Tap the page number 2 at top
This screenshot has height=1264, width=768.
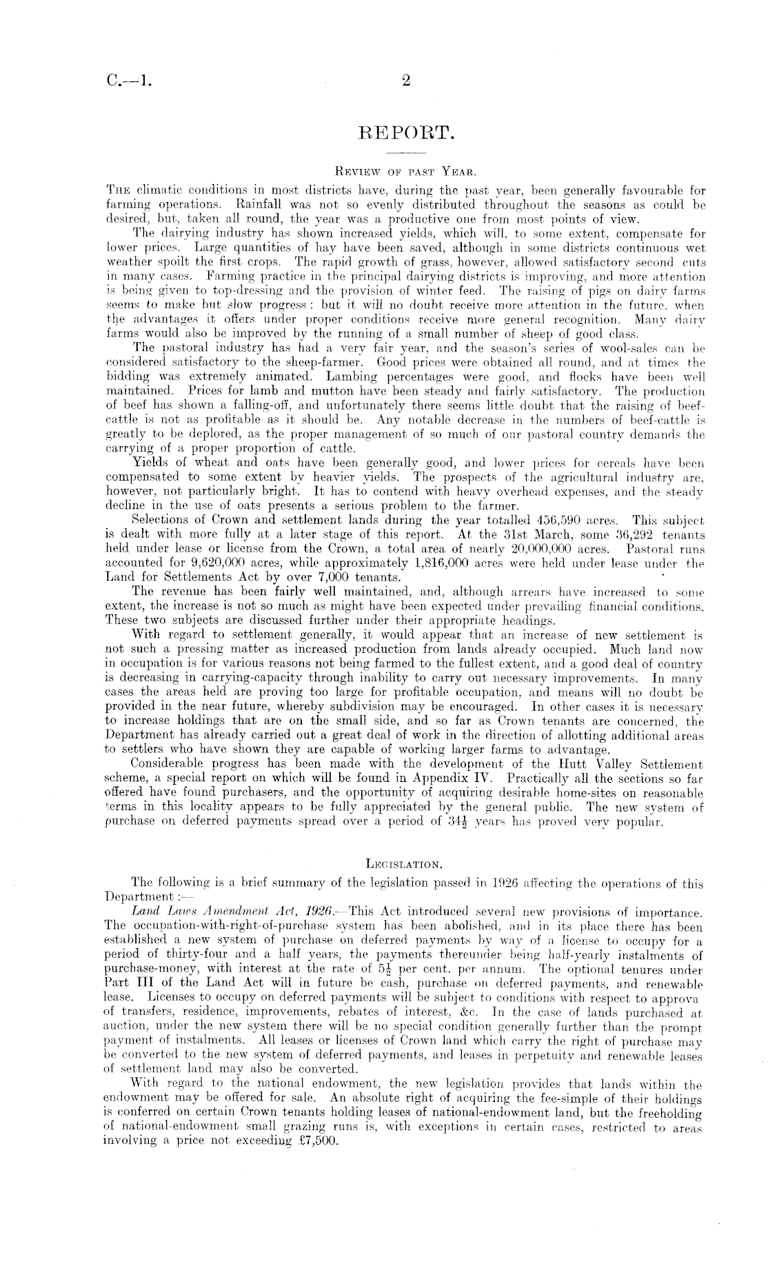405,81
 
